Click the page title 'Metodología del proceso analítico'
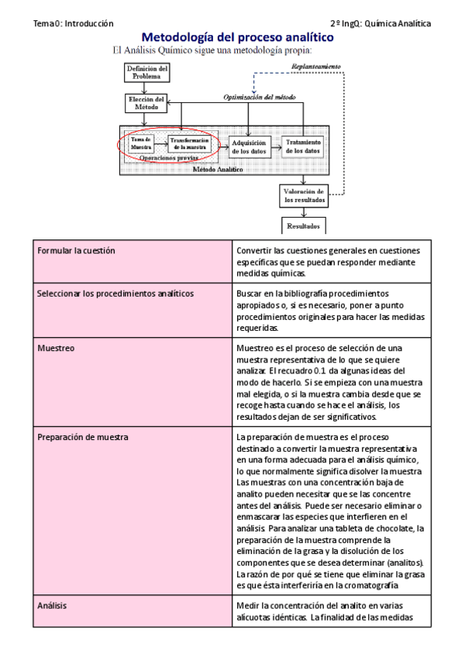237,37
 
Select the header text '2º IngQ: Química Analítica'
380,24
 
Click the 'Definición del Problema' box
147,73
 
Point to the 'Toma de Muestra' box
141,143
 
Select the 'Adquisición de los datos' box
248,146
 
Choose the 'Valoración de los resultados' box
303,194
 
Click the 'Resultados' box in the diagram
303,226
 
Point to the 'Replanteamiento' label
315,67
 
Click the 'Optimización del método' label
258,98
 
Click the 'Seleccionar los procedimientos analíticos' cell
115,294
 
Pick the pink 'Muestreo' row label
56,349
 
